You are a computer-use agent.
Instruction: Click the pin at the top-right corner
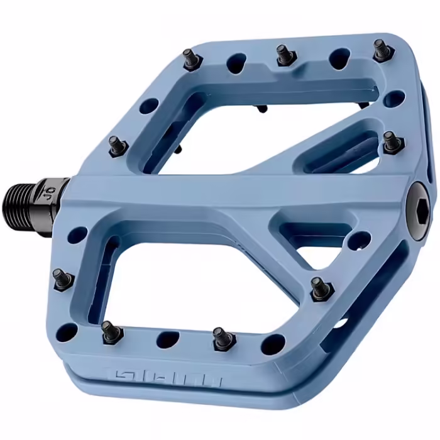click(x=381, y=49)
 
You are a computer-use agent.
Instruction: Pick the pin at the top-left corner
click(x=189, y=60)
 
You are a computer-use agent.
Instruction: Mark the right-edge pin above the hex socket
click(x=390, y=141)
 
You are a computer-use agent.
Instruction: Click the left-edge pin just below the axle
click(x=62, y=278)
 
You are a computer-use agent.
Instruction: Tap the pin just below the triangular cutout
click(x=321, y=289)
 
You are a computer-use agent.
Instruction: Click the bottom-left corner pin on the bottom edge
click(x=112, y=331)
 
